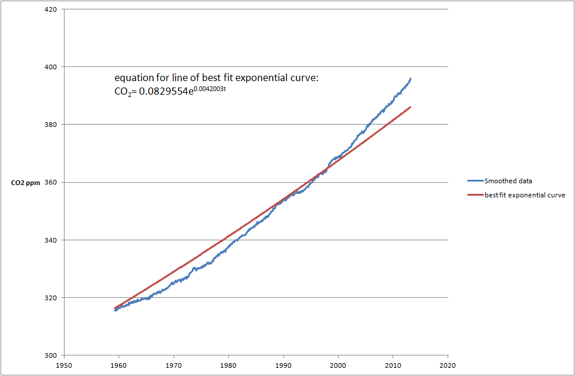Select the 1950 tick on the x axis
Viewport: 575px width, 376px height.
[64, 364]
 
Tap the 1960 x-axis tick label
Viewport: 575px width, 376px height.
[119, 364]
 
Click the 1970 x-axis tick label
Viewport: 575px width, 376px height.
[174, 364]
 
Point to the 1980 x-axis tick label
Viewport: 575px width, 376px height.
[228, 364]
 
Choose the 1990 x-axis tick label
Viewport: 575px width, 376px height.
[283, 364]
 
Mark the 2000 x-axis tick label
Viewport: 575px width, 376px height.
[338, 364]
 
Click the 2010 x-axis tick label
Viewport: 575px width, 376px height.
[393, 364]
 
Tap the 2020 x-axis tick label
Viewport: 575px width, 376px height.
[448, 364]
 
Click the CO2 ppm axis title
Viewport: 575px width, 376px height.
[26, 183]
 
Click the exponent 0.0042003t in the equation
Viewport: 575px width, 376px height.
[209, 89]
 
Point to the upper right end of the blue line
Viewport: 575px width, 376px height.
[410, 79]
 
